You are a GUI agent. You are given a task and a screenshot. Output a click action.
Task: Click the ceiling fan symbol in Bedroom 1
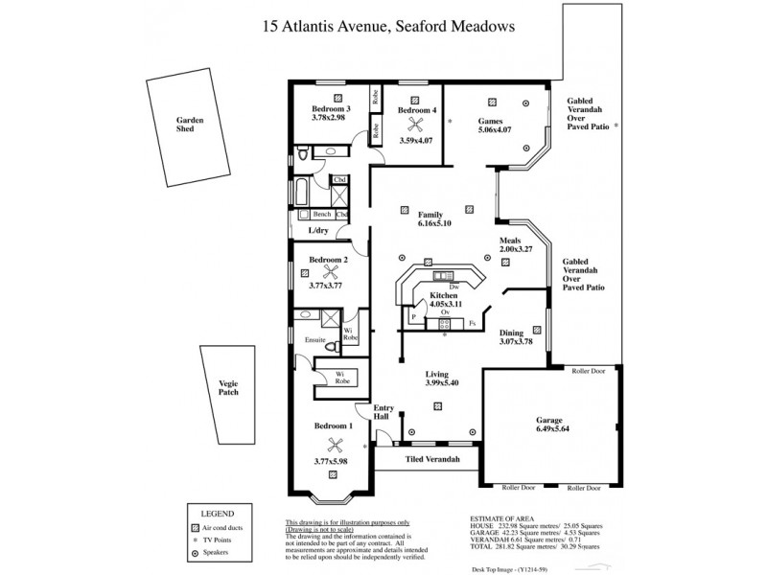pyautogui.click(x=335, y=444)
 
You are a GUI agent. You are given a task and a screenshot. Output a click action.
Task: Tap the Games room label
pyautogui.click(x=492, y=122)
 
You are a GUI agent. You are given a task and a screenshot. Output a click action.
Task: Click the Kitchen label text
pyautogui.click(x=442, y=296)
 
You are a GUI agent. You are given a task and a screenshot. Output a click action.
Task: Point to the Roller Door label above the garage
pyautogui.click(x=589, y=370)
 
